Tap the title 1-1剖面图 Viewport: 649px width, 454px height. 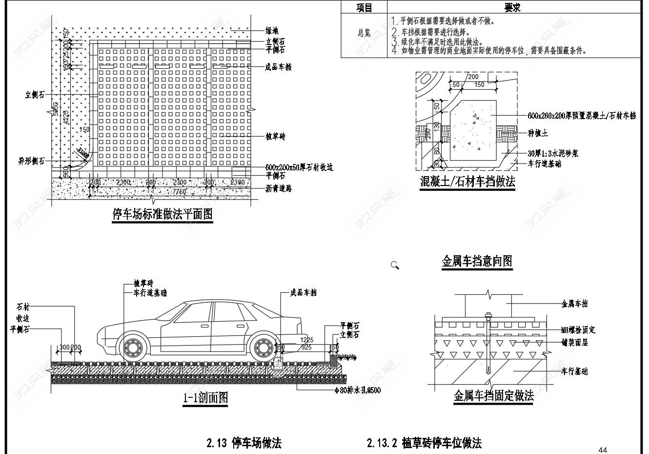(205, 398)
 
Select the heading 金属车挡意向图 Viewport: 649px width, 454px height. (477, 261)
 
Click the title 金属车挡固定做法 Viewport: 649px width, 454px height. (493, 395)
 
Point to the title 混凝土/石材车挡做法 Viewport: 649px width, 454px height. (467, 182)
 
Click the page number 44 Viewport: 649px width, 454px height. (602, 450)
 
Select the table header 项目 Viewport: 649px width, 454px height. (364, 7)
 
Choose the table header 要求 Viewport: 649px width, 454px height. (512, 7)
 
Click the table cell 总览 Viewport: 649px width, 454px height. (364, 33)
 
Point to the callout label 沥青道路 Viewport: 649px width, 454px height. (278, 188)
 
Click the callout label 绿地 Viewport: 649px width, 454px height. (272, 30)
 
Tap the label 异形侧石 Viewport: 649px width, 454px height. (32, 161)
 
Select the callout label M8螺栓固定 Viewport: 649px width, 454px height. (578, 330)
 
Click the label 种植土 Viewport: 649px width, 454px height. (538, 133)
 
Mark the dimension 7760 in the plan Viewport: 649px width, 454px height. (180, 192)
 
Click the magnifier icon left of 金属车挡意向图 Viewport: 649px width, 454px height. (395, 266)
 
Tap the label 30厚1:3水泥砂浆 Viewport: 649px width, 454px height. (553, 153)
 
